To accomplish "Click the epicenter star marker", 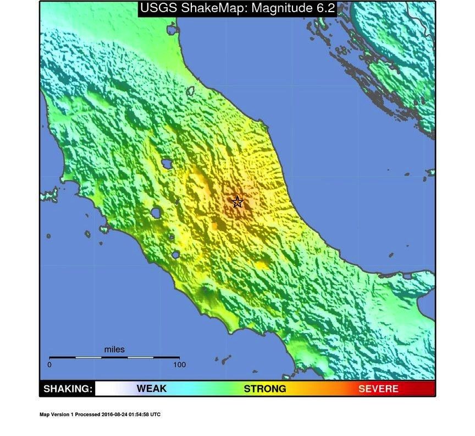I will (237, 202).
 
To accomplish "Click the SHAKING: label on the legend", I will (68, 389).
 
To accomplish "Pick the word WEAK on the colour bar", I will (151, 389).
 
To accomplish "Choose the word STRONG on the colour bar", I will (265, 389).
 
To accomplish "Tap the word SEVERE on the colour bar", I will (378, 389).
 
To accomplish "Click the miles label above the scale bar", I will (114, 350).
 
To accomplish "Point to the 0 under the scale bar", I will (49, 364).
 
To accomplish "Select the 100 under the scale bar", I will (179, 364).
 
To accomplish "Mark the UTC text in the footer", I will (156, 415).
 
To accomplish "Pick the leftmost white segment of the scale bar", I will (88, 357).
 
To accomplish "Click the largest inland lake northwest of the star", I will (165, 163).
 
